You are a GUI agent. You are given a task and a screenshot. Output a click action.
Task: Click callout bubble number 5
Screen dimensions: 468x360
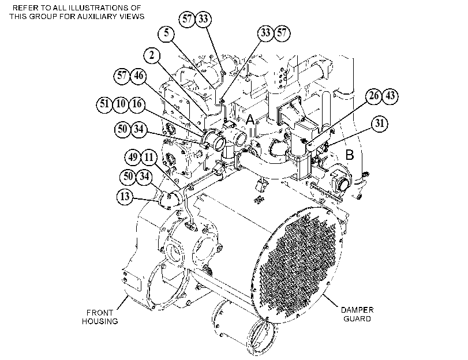(x=167, y=33)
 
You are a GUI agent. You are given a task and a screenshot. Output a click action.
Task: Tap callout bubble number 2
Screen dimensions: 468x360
(x=152, y=55)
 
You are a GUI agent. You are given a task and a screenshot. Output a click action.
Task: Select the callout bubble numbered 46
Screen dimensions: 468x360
(x=138, y=76)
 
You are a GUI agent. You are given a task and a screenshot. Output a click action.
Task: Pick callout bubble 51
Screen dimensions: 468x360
(x=104, y=104)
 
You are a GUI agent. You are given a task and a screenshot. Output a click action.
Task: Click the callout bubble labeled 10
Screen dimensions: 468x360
(x=121, y=104)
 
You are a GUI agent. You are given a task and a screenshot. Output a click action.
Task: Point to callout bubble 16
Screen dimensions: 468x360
(x=137, y=104)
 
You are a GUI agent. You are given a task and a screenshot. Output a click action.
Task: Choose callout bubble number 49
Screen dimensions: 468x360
(x=133, y=157)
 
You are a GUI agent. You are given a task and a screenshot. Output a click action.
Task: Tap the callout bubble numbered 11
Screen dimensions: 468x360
(x=149, y=157)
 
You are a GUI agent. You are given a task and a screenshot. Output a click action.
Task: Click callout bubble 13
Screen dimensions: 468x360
(x=125, y=196)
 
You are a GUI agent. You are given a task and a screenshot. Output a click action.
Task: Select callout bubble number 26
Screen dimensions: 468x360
(x=374, y=96)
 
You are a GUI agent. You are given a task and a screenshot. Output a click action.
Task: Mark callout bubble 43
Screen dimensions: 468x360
(x=390, y=96)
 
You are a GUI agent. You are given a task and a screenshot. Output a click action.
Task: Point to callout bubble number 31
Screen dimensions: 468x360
(x=380, y=123)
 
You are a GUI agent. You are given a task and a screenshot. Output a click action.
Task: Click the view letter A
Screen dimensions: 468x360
(x=250, y=119)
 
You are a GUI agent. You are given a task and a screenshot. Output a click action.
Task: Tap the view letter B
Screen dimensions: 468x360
(x=350, y=155)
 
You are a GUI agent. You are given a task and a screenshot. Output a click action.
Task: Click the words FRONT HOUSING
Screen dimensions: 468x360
(x=100, y=317)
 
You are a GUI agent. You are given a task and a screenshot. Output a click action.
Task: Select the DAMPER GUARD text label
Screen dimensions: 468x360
(x=357, y=314)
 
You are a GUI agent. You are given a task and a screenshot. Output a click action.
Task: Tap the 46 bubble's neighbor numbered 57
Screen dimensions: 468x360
(x=122, y=76)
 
